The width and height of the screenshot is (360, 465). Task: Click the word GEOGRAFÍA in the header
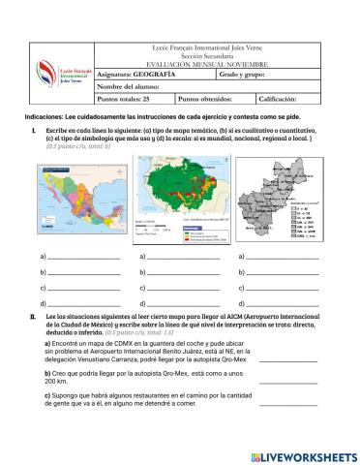click(x=156, y=74)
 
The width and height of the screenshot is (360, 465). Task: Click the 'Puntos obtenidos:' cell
click(x=205, y=99)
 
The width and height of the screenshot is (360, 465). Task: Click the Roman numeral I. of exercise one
click(x=34, y=129)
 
